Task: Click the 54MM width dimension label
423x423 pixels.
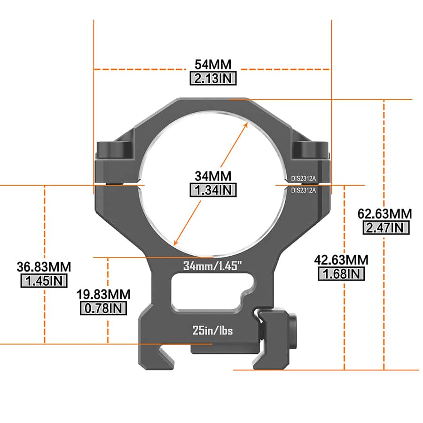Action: [213, 64]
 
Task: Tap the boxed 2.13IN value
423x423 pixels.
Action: [213, 78]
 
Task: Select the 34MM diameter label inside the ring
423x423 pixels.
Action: [213, 176]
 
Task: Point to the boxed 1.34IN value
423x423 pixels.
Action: [213, 190]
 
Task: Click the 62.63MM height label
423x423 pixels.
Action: [384, 214]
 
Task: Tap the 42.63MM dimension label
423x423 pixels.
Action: [342, 260]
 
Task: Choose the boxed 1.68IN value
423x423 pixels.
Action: [342, 274]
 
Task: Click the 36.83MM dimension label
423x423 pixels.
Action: [44, 267]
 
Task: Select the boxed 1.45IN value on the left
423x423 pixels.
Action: [44, 281]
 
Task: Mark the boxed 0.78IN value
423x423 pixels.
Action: [104, 308]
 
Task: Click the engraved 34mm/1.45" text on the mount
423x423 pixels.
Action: [212, 266]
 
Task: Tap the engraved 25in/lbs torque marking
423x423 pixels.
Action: [212, 330]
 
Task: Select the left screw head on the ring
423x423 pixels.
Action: [114, 150]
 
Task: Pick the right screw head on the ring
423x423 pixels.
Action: [311, 150]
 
